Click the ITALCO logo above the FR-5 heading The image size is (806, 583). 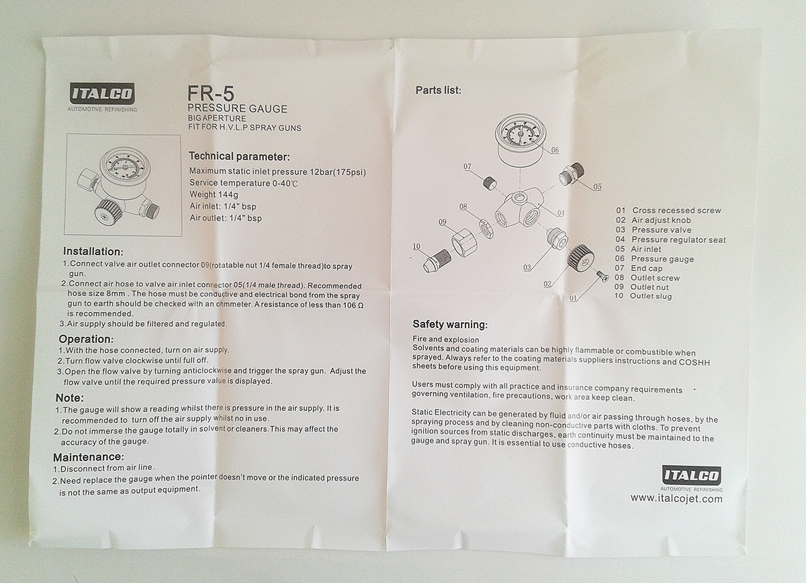[103, 93]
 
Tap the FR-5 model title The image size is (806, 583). [211, 93]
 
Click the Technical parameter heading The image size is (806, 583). [239, 156]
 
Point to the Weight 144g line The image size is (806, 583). [214, 195]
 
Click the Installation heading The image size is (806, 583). [93, 251]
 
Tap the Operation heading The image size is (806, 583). [86, 339]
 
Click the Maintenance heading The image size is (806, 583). [89, 457]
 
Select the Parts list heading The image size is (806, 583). [438, 90]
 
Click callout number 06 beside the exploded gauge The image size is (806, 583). [555, 150]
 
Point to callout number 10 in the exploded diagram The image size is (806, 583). [416, 247]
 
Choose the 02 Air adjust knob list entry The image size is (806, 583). [653, 220]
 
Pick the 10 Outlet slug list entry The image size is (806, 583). [643, 296]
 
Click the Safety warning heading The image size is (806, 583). [450, 324]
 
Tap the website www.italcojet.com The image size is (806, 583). [676, 499]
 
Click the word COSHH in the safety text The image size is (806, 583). [694, 362]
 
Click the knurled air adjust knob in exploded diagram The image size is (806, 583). [580, 258]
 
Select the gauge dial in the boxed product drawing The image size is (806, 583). [125, 167]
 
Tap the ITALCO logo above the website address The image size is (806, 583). [691, 475]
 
